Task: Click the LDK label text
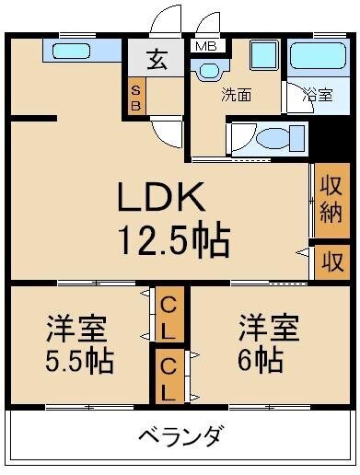pyautogui.click(x=165, y=197)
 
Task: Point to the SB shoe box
pyautogui.click(x=135, y=98)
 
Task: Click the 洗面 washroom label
pyautogui.click(x=235, y=93)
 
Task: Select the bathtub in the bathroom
pyautogui.click(x=315, y=59)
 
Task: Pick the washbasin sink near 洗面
pyautogui.click(x=209, y=69)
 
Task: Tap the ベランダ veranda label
pyautogui.click(x=180, y=435)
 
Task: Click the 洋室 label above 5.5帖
pyautogui.click(x=76, y=328)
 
